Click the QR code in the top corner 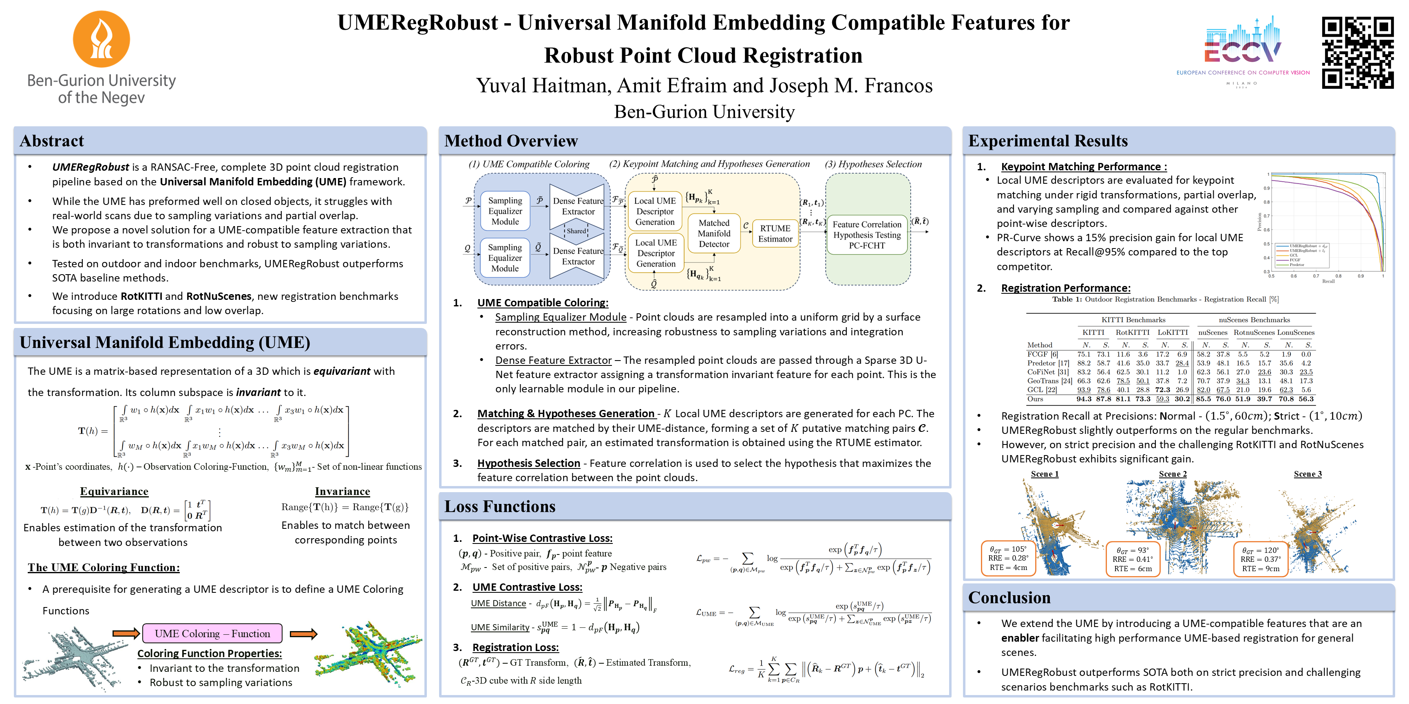[x=1357, y=53]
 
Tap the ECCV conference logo [x=1243, y=49]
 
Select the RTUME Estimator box [x=775, y=233]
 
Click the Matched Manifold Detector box [x=714, y=233]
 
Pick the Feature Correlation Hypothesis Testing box [x=866, y=235]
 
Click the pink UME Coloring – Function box [x=212, y=634]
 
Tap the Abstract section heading [x=52, y=141]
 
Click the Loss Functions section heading [x=499, y=507]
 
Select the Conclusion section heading [x=1009, y=597]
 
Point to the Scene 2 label [x=1173, y=474]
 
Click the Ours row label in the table [x=1035, y=399]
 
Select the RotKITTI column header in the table [x=1132, y=332]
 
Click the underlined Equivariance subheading [x=114, y=491]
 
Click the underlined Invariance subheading [x=342, y=491]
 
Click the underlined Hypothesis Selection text [x=528, y=463]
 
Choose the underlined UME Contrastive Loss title [x=527, y=587]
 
